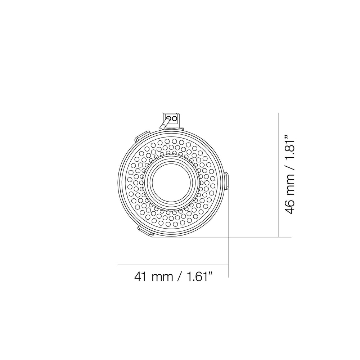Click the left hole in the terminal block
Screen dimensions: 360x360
tap(169, 118)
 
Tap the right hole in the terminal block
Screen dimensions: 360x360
tap(175, 118)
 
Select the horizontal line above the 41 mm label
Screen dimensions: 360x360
tap(173, 265)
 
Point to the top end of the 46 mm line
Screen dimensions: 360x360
tap(279, 113)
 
